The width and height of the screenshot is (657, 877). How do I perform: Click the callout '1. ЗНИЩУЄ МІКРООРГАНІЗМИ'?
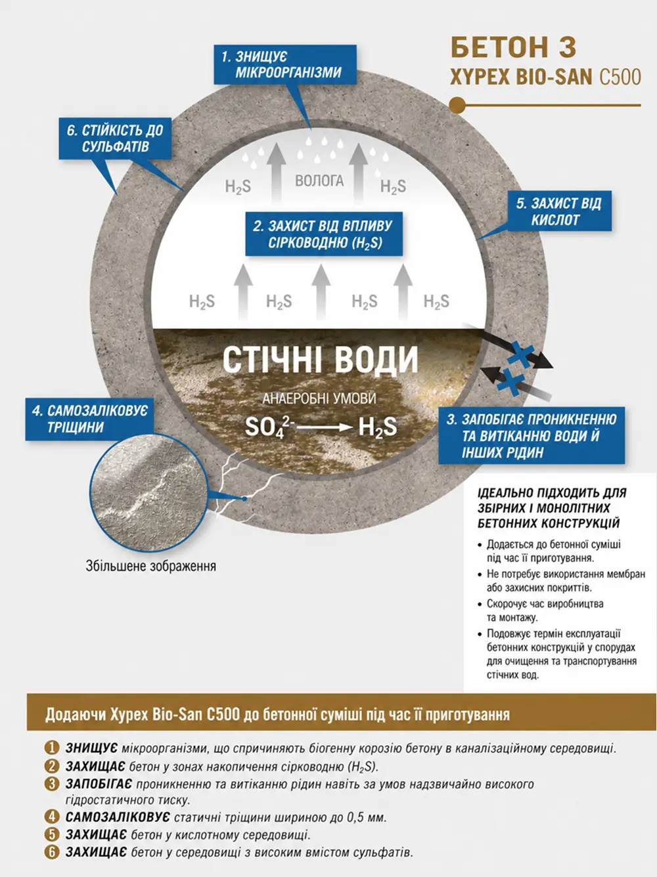tap(284, 64)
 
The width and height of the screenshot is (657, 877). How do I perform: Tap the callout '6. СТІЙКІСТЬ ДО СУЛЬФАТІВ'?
tap(115, 139)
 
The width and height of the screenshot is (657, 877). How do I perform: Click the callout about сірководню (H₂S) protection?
tap(324, 234)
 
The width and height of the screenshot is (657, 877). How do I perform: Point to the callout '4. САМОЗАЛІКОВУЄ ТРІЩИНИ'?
tap(89, 419)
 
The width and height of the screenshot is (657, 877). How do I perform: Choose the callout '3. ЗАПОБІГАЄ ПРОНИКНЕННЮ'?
tap(532, 435)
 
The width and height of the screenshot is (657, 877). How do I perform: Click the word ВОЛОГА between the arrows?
tap(319, 181)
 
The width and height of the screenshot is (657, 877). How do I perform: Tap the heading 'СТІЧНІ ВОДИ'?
tap(320, 360)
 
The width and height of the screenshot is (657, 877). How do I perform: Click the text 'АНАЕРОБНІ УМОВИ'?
tap(319, 398)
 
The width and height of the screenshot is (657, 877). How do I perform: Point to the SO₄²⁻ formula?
tap(269, 427)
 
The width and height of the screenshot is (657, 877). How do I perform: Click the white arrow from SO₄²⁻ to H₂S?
tap(325, 427)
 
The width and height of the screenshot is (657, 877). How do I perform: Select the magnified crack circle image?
tap(148, 493)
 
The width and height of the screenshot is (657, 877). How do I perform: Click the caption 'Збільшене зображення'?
tap(150, 566)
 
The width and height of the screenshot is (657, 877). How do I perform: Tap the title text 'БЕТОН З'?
tap(513, 47)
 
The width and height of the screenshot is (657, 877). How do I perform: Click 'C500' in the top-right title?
tap(620, 77)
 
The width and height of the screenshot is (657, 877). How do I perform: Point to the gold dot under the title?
tap(457, 105)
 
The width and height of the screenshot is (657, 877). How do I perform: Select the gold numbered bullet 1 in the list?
tap(52, 748)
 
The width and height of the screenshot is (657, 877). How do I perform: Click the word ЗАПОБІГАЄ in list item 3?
tap(99, 784)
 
